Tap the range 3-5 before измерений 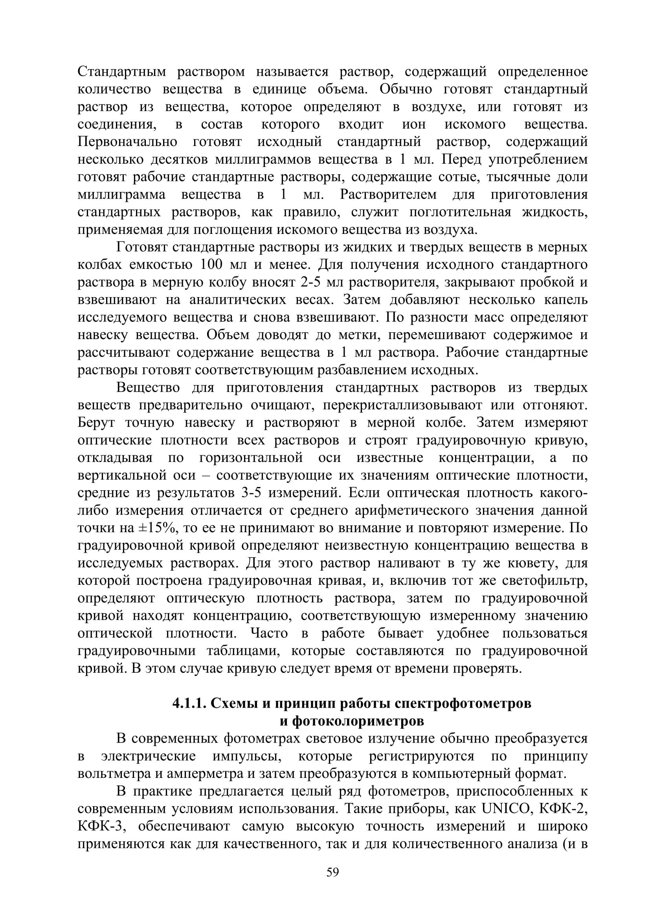point(252,493)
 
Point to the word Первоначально point(127,142)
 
